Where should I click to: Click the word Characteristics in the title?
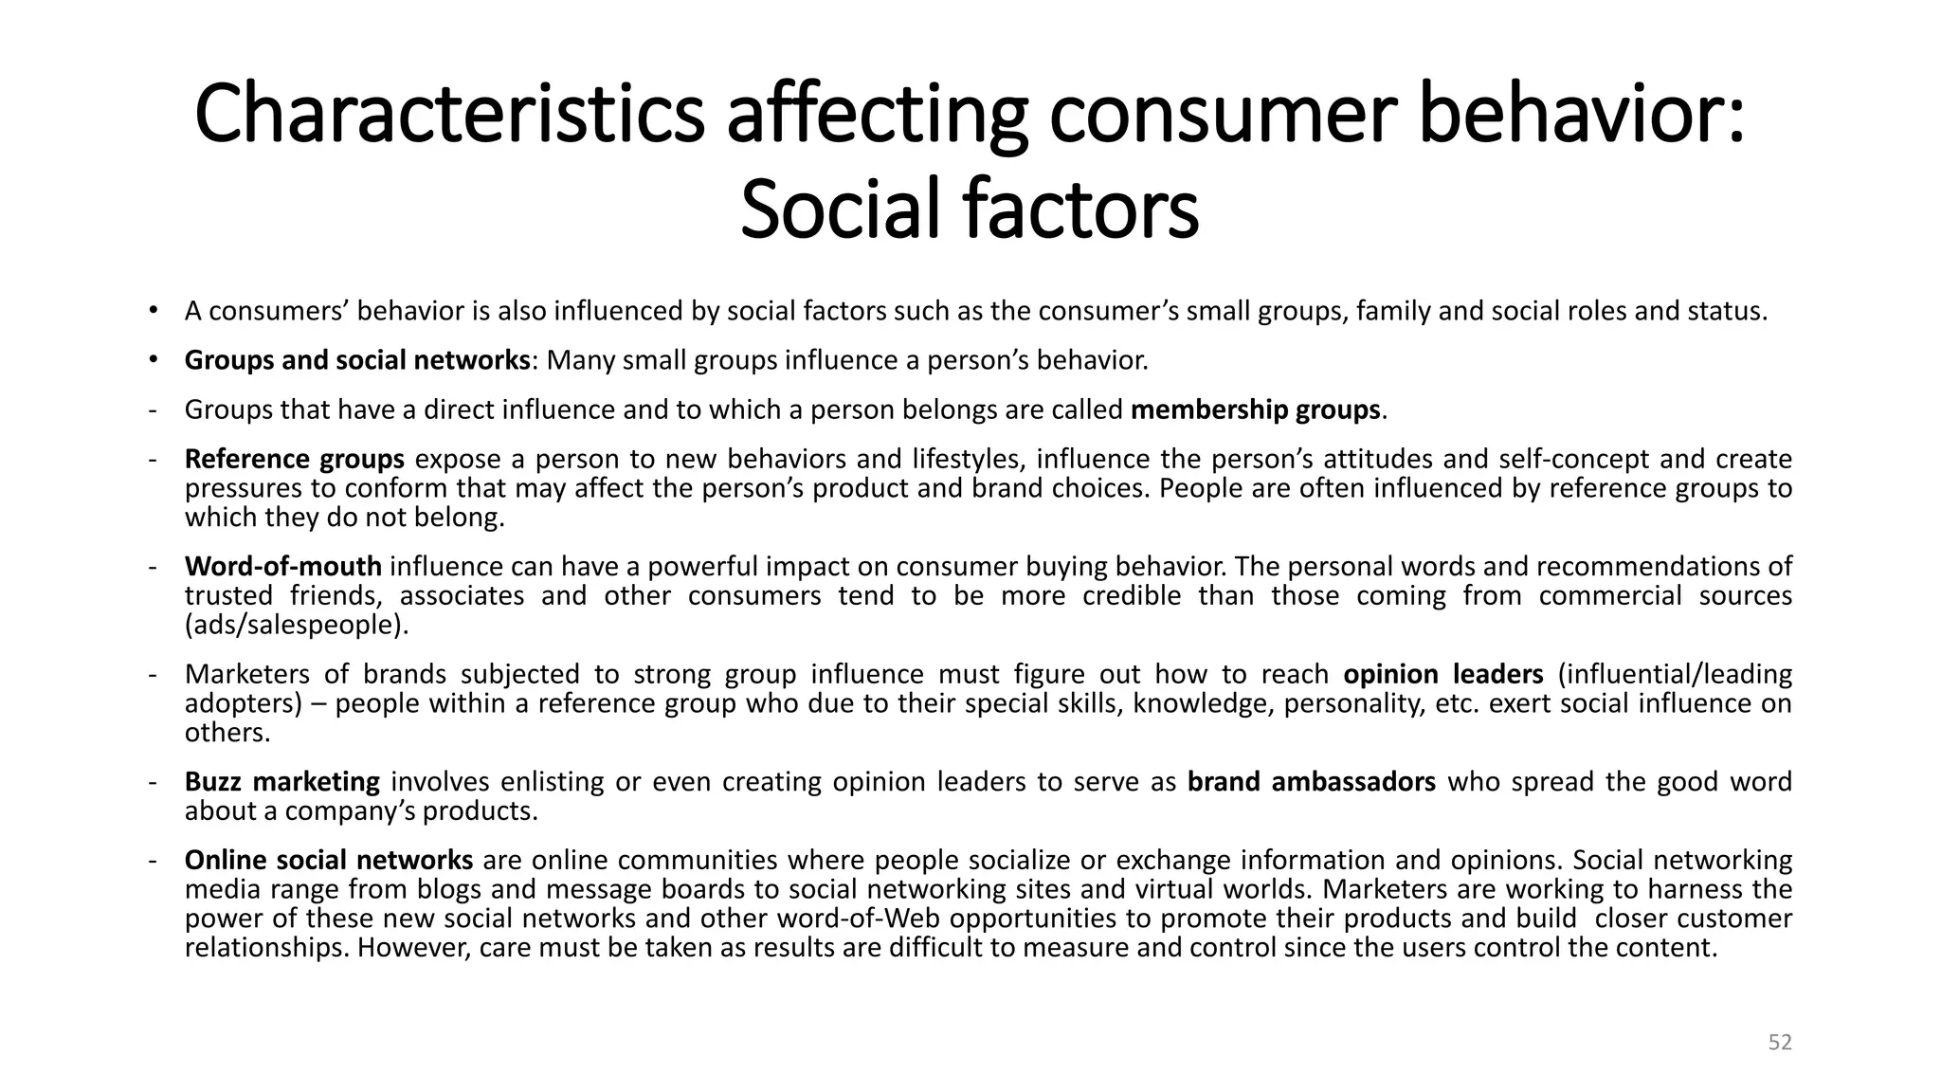(x=449, y=116)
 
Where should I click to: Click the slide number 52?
(x=1780, y=1043)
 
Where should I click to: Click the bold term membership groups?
(x=1255, y=409)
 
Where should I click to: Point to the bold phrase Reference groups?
(x=294, y=459)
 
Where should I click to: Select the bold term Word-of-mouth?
(x=282, y=567)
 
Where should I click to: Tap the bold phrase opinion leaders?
(x=1442, y=674)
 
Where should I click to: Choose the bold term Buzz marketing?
(x=281, y=782)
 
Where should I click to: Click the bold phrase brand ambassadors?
(x=1311, y=782)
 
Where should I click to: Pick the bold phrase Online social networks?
(x=328, y=861)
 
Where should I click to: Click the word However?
(x=412, y=948)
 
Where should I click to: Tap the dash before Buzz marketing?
(x=152, y=782)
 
